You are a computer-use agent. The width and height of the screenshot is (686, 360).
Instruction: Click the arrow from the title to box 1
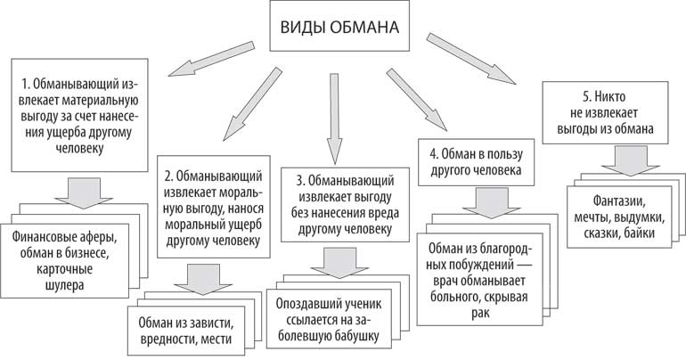(205, 61)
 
